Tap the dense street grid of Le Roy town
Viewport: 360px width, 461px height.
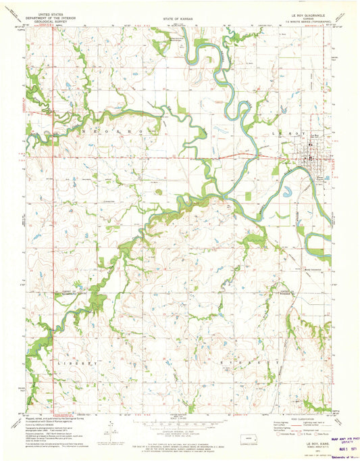pos(310,146)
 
